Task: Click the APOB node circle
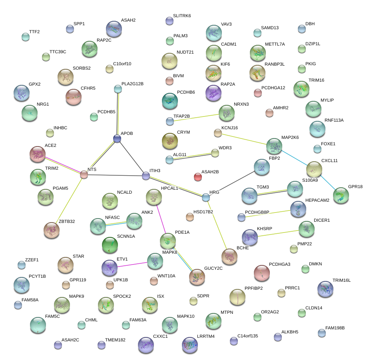point(117,139)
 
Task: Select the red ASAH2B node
point(197,176)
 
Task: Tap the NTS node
point(84,174)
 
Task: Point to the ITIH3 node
point(146,175)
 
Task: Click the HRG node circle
point(206,197)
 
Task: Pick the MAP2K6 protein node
point(274,146)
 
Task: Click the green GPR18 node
point(341,196)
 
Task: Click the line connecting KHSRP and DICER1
point(279,233)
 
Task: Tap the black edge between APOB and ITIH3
point(132,157)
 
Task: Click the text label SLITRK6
point(182,16)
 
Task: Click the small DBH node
point(302,29)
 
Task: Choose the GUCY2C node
point(197,276)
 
